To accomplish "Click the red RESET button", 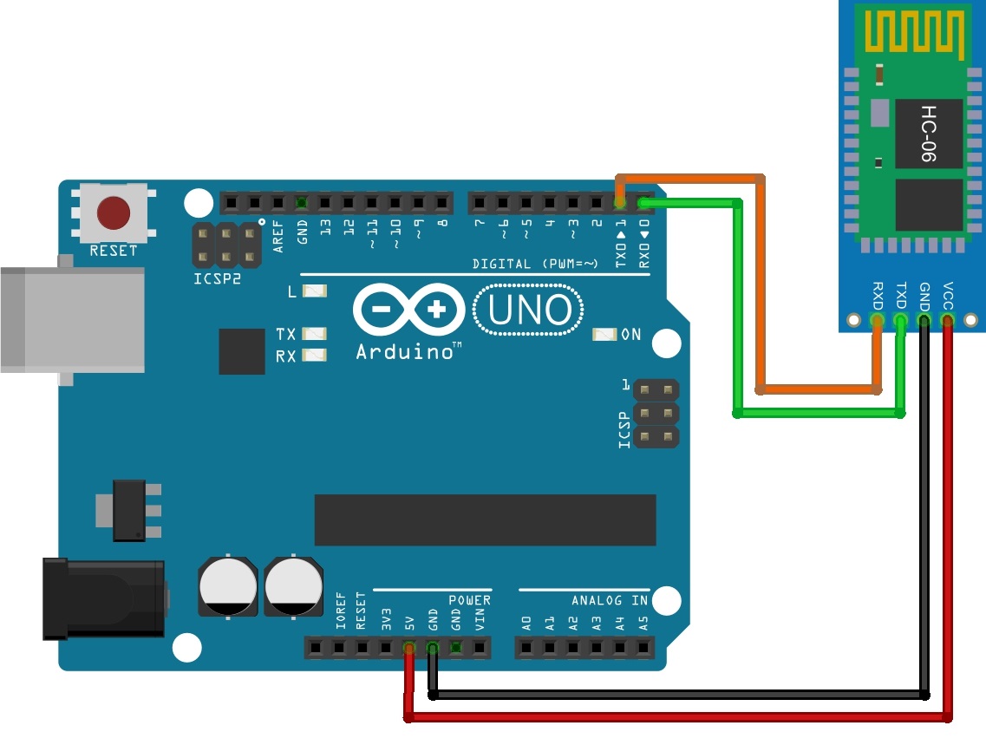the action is pyautogui.click(x=114, y=212).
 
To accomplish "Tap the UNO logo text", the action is pyautogui.click(x=529, y=310).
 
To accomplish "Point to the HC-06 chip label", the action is pyautogui.click(x=928, y=134).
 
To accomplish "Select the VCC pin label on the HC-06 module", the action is pyautogui.click(x=948, y=296).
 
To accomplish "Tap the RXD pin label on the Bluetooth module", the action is pyautogui.click(x=878, y=296).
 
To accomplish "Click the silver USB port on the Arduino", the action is pyautogui.click(x=72, y=320).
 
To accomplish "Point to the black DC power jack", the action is pyautogui.click(x=104, y=598).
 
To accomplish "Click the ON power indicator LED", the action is pyautogui.click(x=604, y=335).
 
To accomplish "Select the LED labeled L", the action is pyautogui.click(x=315, y=291).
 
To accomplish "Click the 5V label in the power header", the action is pyautogui.click(x=409, y=623).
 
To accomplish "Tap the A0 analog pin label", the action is pyautogui.click(x=527, y=623).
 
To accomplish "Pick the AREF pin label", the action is pyautogui.click(x=278, y=237).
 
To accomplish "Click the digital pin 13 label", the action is pyautogui.click(x=325, y=227).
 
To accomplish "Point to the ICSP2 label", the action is pyautogui.click(x=217, y=278).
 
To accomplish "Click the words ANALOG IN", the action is pyautogui.click(x=610, y=600).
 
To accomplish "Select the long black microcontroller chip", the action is pyautogui.click(x=485, y=520).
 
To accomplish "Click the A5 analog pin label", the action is pyautogui.click(x=643, y=623).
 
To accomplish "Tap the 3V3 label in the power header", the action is pyautogui.click(x=386, y=619).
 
